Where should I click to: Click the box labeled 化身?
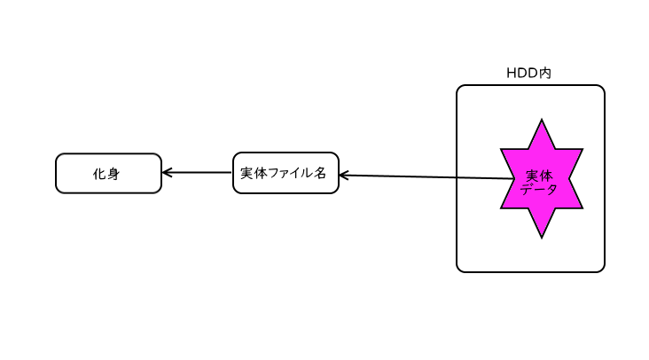108,173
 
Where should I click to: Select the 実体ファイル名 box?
285,173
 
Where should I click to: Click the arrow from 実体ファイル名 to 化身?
197,173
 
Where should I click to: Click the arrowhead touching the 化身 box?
167,173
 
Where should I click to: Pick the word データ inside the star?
539,189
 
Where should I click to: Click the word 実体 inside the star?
539,176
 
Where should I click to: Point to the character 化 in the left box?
100,174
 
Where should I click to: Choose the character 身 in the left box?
113,174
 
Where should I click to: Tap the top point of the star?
541,122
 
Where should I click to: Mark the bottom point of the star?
541,236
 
